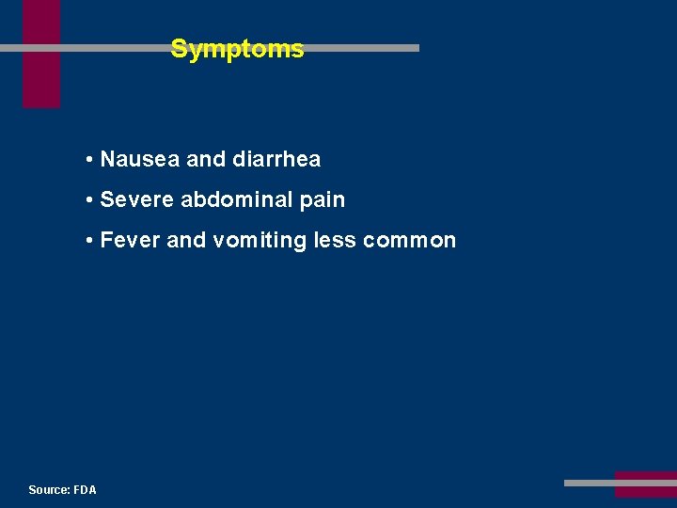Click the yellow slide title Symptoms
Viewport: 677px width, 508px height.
point(237,49)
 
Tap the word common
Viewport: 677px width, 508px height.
point(409,241)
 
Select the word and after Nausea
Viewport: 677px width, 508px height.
point(206,160)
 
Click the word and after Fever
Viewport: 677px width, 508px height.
point(186,241)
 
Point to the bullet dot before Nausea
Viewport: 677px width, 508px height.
point(87,160)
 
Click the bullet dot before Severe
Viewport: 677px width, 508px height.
point(87,200)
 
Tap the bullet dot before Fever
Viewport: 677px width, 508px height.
point(87,241)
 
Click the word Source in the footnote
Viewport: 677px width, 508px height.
point(49,490)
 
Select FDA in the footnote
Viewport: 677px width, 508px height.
point(85,490)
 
